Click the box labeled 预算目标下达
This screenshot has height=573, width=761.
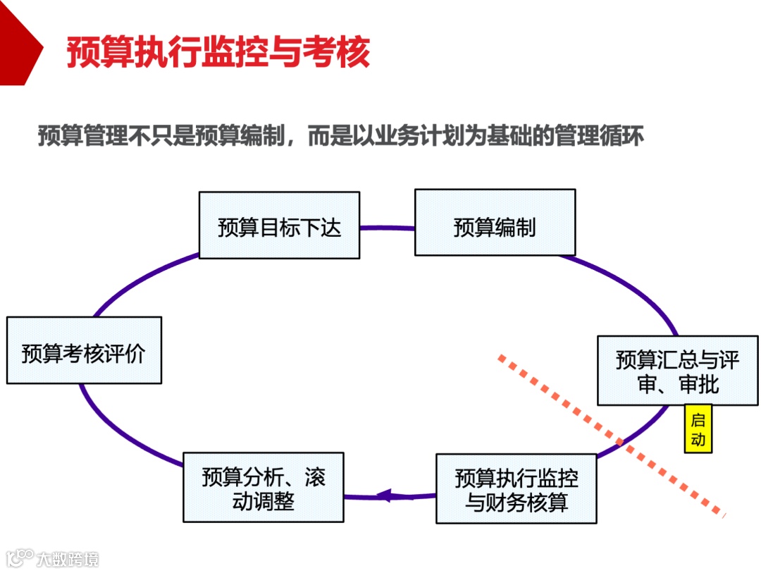click(279, 226)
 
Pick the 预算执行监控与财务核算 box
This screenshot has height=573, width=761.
click(516, 488)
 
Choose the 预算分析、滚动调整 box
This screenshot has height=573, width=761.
click(263, 487)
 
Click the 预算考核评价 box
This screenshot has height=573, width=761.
click(84, 350)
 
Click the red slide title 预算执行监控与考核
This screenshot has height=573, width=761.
click(218, 53)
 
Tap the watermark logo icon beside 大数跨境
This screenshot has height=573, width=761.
click(20, 558)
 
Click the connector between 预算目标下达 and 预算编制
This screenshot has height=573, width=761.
click(387, 228)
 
